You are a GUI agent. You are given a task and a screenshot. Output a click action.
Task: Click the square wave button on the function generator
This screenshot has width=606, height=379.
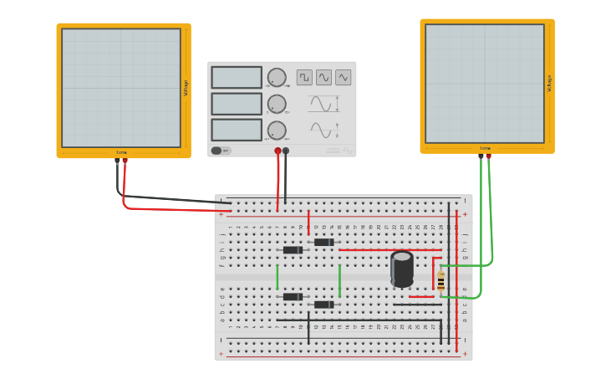point(304,77)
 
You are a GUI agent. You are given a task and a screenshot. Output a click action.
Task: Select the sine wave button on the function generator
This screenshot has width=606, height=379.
point(323,77)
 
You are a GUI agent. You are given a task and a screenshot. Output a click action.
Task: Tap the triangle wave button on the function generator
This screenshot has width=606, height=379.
point(343,77)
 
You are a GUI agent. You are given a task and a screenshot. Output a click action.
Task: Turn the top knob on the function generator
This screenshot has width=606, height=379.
point(277,77)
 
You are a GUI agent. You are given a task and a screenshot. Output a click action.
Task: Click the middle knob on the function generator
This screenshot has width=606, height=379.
point(277,104)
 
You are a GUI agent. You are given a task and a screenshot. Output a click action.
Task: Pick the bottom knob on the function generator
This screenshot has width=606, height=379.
point(277,131)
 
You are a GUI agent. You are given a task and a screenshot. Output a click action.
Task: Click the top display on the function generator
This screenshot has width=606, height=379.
point(237,77)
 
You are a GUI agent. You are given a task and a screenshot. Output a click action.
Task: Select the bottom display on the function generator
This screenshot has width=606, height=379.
point(237,130)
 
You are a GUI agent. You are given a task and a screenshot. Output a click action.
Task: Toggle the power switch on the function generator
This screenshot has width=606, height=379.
point(217,151)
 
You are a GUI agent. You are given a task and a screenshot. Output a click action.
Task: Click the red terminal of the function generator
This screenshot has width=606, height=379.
point(278,151)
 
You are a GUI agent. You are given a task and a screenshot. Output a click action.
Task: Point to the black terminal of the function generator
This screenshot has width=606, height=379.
point(286,151)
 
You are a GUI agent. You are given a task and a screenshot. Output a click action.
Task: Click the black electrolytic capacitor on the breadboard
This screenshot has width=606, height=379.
point(402,268)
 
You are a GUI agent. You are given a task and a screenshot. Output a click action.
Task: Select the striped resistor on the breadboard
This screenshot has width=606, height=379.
point(440,280)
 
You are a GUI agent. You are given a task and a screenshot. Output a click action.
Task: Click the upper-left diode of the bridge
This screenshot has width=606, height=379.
point(293,250)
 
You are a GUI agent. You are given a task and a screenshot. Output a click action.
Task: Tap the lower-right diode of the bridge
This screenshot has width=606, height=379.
point(323,305)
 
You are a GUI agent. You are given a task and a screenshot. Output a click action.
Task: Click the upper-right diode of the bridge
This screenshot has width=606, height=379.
point(323,242)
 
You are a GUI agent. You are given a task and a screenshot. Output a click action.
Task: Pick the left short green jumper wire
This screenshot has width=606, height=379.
point(278,277)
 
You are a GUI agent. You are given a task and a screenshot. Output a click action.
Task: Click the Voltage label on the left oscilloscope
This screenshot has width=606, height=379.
point(186,88)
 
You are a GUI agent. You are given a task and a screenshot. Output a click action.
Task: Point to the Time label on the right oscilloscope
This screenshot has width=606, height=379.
point(485,148)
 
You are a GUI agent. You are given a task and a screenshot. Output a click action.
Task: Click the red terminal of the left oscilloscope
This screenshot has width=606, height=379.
point(125,161)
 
